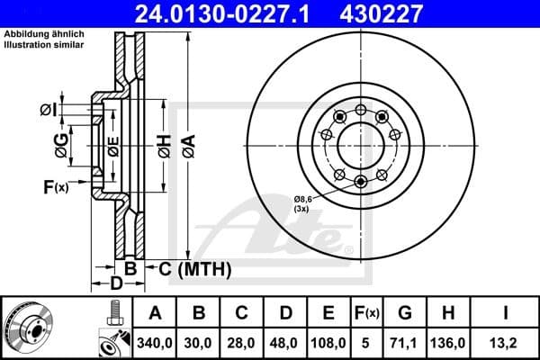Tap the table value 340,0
pos(154,342)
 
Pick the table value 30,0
pos(199,342)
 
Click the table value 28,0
pos(242,342)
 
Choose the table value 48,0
pos(286,342)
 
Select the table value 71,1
pos(406,342)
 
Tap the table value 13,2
pos(506,342)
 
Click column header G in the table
pos(406,313)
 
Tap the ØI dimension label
pos(49,110)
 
